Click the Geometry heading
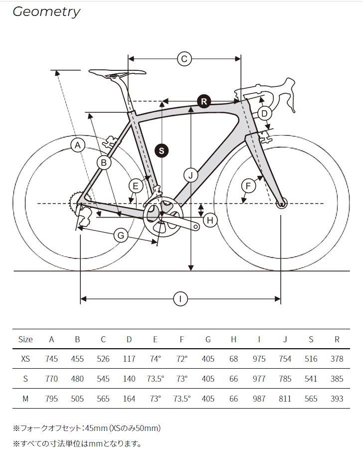tap(46, 12)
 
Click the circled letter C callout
tap(184, 59)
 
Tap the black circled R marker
tap(203, 101)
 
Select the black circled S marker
tap(162, 150)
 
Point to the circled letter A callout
tap(77, 145)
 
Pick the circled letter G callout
tap(121, 235)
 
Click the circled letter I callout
tap(180, 299)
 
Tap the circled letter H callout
tap(210, 220)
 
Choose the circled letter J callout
tap(190, 175)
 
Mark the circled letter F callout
tap(248, 186)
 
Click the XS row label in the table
tap(25, 359)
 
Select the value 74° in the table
tap(155, 359)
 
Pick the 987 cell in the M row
tap(259, 399)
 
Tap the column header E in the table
tap(155, 339)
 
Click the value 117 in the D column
tap(129, 359)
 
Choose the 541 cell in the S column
tap(311, 379)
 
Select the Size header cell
tap(25, 339)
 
